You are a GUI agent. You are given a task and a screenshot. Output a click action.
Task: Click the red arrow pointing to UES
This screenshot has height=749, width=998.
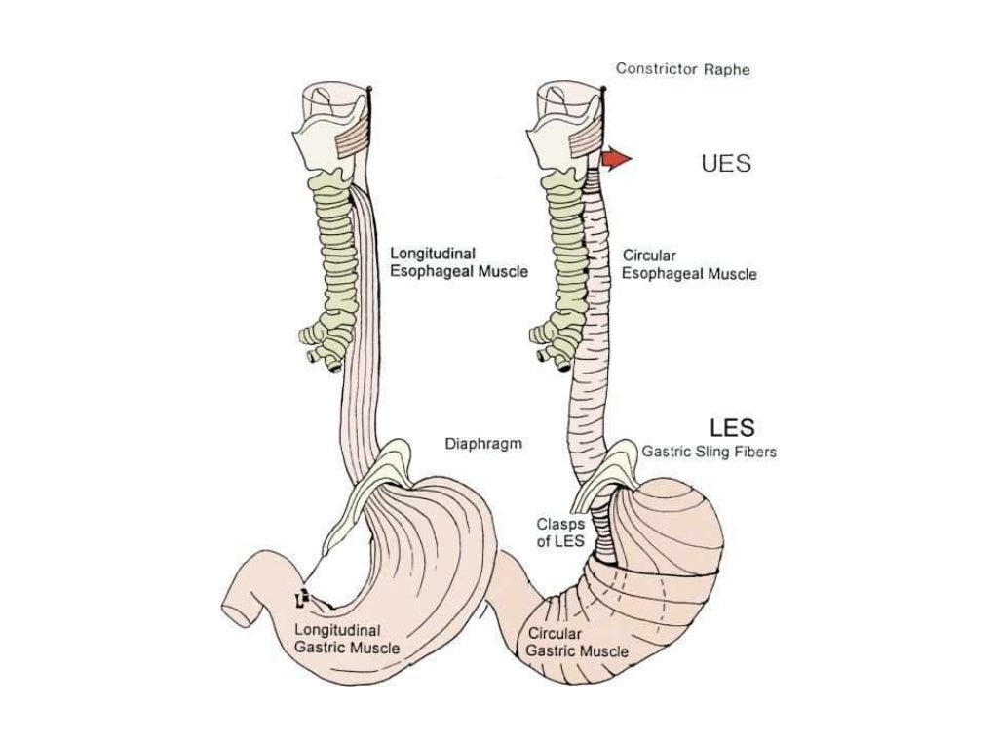[x=616, y=159]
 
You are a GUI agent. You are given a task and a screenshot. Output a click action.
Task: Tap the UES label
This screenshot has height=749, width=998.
[x=726, y=163]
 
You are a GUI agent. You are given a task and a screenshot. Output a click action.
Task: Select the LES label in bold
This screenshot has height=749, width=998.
[x=733, y=426]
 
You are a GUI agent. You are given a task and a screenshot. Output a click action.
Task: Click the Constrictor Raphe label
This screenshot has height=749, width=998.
[x=682, y=69]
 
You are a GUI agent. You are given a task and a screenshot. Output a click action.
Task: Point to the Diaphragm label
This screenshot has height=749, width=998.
[x=483, y=444]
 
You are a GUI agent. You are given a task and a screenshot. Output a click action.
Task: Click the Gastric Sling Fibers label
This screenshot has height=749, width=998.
[x=709, y=453]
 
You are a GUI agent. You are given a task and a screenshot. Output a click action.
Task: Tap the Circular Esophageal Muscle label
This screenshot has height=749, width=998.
[x=688, y=265]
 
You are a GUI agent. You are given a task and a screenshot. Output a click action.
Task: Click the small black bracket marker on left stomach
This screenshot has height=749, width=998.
[x=303, y=596]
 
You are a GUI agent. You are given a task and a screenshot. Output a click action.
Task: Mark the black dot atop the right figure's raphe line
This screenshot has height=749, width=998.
[x=604, y=91]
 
